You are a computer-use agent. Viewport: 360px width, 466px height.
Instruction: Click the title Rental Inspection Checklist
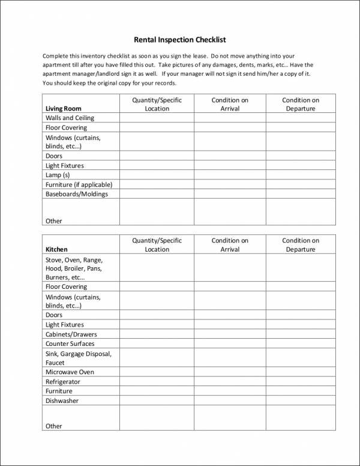[x=180, y=40]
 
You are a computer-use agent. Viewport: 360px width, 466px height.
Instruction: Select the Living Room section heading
[x=63, y=109]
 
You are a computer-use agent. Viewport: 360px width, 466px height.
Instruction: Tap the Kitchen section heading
[x=56, y=249]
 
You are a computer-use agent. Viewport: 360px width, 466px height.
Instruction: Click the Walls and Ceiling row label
[x=70, y=118]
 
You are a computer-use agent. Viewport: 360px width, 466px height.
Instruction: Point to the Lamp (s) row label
[x=58, y=175]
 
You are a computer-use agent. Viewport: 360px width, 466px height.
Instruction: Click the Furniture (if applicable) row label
[x=79, y=184]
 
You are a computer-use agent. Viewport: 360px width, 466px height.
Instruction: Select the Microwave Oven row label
[x=70, y=372]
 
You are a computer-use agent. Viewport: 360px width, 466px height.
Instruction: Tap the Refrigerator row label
[x=63, y=382]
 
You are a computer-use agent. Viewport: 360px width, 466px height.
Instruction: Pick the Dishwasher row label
[x=62, y=401]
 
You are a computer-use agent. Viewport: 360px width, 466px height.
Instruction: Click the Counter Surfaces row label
[x=70, y=344]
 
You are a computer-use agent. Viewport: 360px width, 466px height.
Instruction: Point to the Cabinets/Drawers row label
[x=71, y=334]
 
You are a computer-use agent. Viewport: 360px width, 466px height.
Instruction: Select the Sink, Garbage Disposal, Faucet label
[x=78, y=359]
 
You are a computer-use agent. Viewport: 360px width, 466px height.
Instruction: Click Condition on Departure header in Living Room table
[x=301, y=104]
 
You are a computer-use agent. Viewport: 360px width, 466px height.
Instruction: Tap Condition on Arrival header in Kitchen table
[x=230, y=245]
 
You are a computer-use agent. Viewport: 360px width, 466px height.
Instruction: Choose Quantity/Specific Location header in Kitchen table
[x=157, y=245]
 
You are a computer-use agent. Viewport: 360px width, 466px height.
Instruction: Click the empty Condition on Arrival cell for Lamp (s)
[x=230, y=175]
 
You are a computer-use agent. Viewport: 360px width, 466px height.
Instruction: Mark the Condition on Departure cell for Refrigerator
[x=301, y=382]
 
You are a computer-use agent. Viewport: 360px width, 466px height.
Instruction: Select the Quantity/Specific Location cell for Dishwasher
[x=157, y=401]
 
